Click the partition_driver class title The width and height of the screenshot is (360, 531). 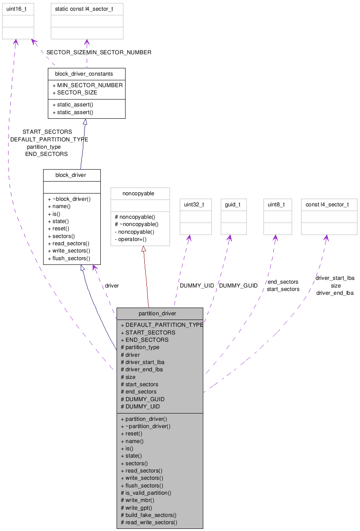coord(157,314)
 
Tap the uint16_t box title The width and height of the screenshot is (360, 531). coord(17,9)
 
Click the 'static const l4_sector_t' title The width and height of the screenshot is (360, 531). coord(84,9)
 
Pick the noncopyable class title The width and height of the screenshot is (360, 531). coord(138,194)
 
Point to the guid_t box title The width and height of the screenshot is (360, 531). coord(233,205)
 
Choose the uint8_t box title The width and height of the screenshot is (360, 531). coord(276,205)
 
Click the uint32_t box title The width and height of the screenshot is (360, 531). coord(194,205)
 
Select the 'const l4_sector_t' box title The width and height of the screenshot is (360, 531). coord(327,205)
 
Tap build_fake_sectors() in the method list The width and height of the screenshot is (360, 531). coord(149,515)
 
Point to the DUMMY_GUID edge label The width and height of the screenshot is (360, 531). coord(238,285)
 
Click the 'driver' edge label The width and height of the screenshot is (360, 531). coord(112,285)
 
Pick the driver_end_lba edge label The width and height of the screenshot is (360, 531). coord(335,293)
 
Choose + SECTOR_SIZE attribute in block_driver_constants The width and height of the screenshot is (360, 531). coord(75,93)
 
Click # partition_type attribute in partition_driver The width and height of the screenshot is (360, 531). coord(140,347)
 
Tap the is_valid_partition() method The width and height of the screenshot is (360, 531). coord(146,493)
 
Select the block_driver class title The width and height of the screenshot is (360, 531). coord(70,175)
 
